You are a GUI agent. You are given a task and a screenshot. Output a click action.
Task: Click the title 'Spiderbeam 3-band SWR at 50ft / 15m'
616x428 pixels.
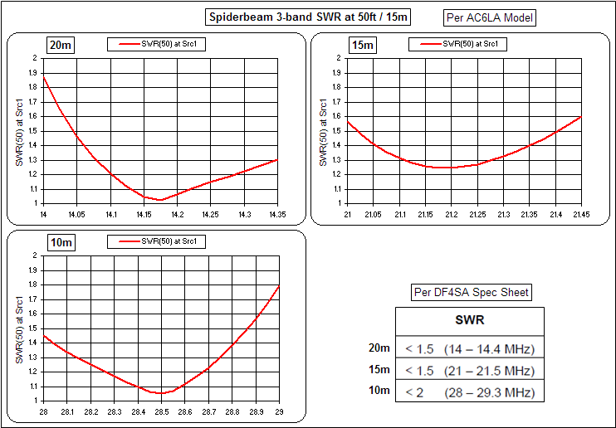[x=307, y=17]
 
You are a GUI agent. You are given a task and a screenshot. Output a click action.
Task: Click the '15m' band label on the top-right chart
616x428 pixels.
[x=363, y=46]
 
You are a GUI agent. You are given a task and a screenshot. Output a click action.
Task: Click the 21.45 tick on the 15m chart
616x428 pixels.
[x=579, y=214]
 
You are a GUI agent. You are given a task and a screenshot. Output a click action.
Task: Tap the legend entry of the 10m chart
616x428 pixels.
[x=157, y=241]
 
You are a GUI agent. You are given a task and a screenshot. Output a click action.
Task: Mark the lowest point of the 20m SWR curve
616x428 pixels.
[x=158, y=200]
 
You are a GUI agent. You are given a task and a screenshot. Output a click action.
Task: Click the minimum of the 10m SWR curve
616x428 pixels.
[x=161, y=393]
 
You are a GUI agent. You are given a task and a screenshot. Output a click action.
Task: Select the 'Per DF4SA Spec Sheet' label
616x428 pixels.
[x=472, y=292]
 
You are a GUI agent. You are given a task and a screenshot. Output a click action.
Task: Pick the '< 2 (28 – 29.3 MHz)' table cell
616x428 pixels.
[x=470, y=392]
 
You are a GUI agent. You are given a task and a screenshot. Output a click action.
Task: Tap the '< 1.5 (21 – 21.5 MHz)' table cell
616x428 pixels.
[x=470, y=370]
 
